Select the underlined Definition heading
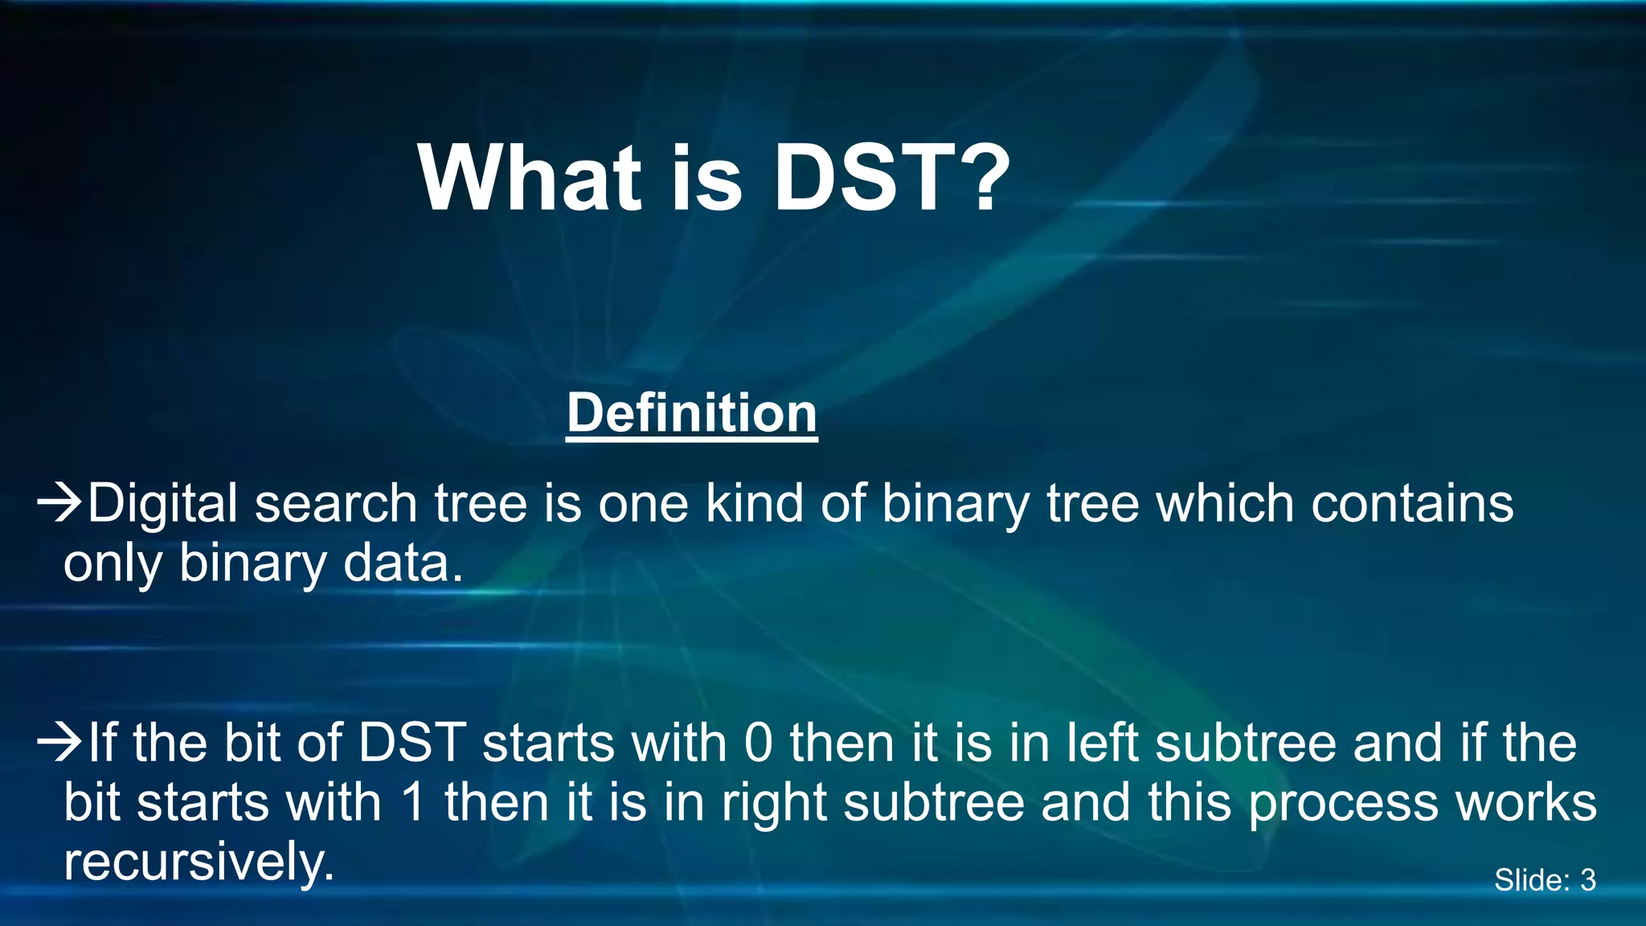(x=691, y=413)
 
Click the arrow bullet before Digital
(x=60, y=502)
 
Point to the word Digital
(x=162, y=504)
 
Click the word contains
(x=1412, y=504)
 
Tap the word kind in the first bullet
(x=754, y=504)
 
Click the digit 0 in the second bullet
(x=758, y=742)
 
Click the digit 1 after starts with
(x=413, y=802)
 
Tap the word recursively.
(x=199, y=862)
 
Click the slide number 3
(x=1587, y=880)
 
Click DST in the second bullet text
(x=412, y=742)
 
